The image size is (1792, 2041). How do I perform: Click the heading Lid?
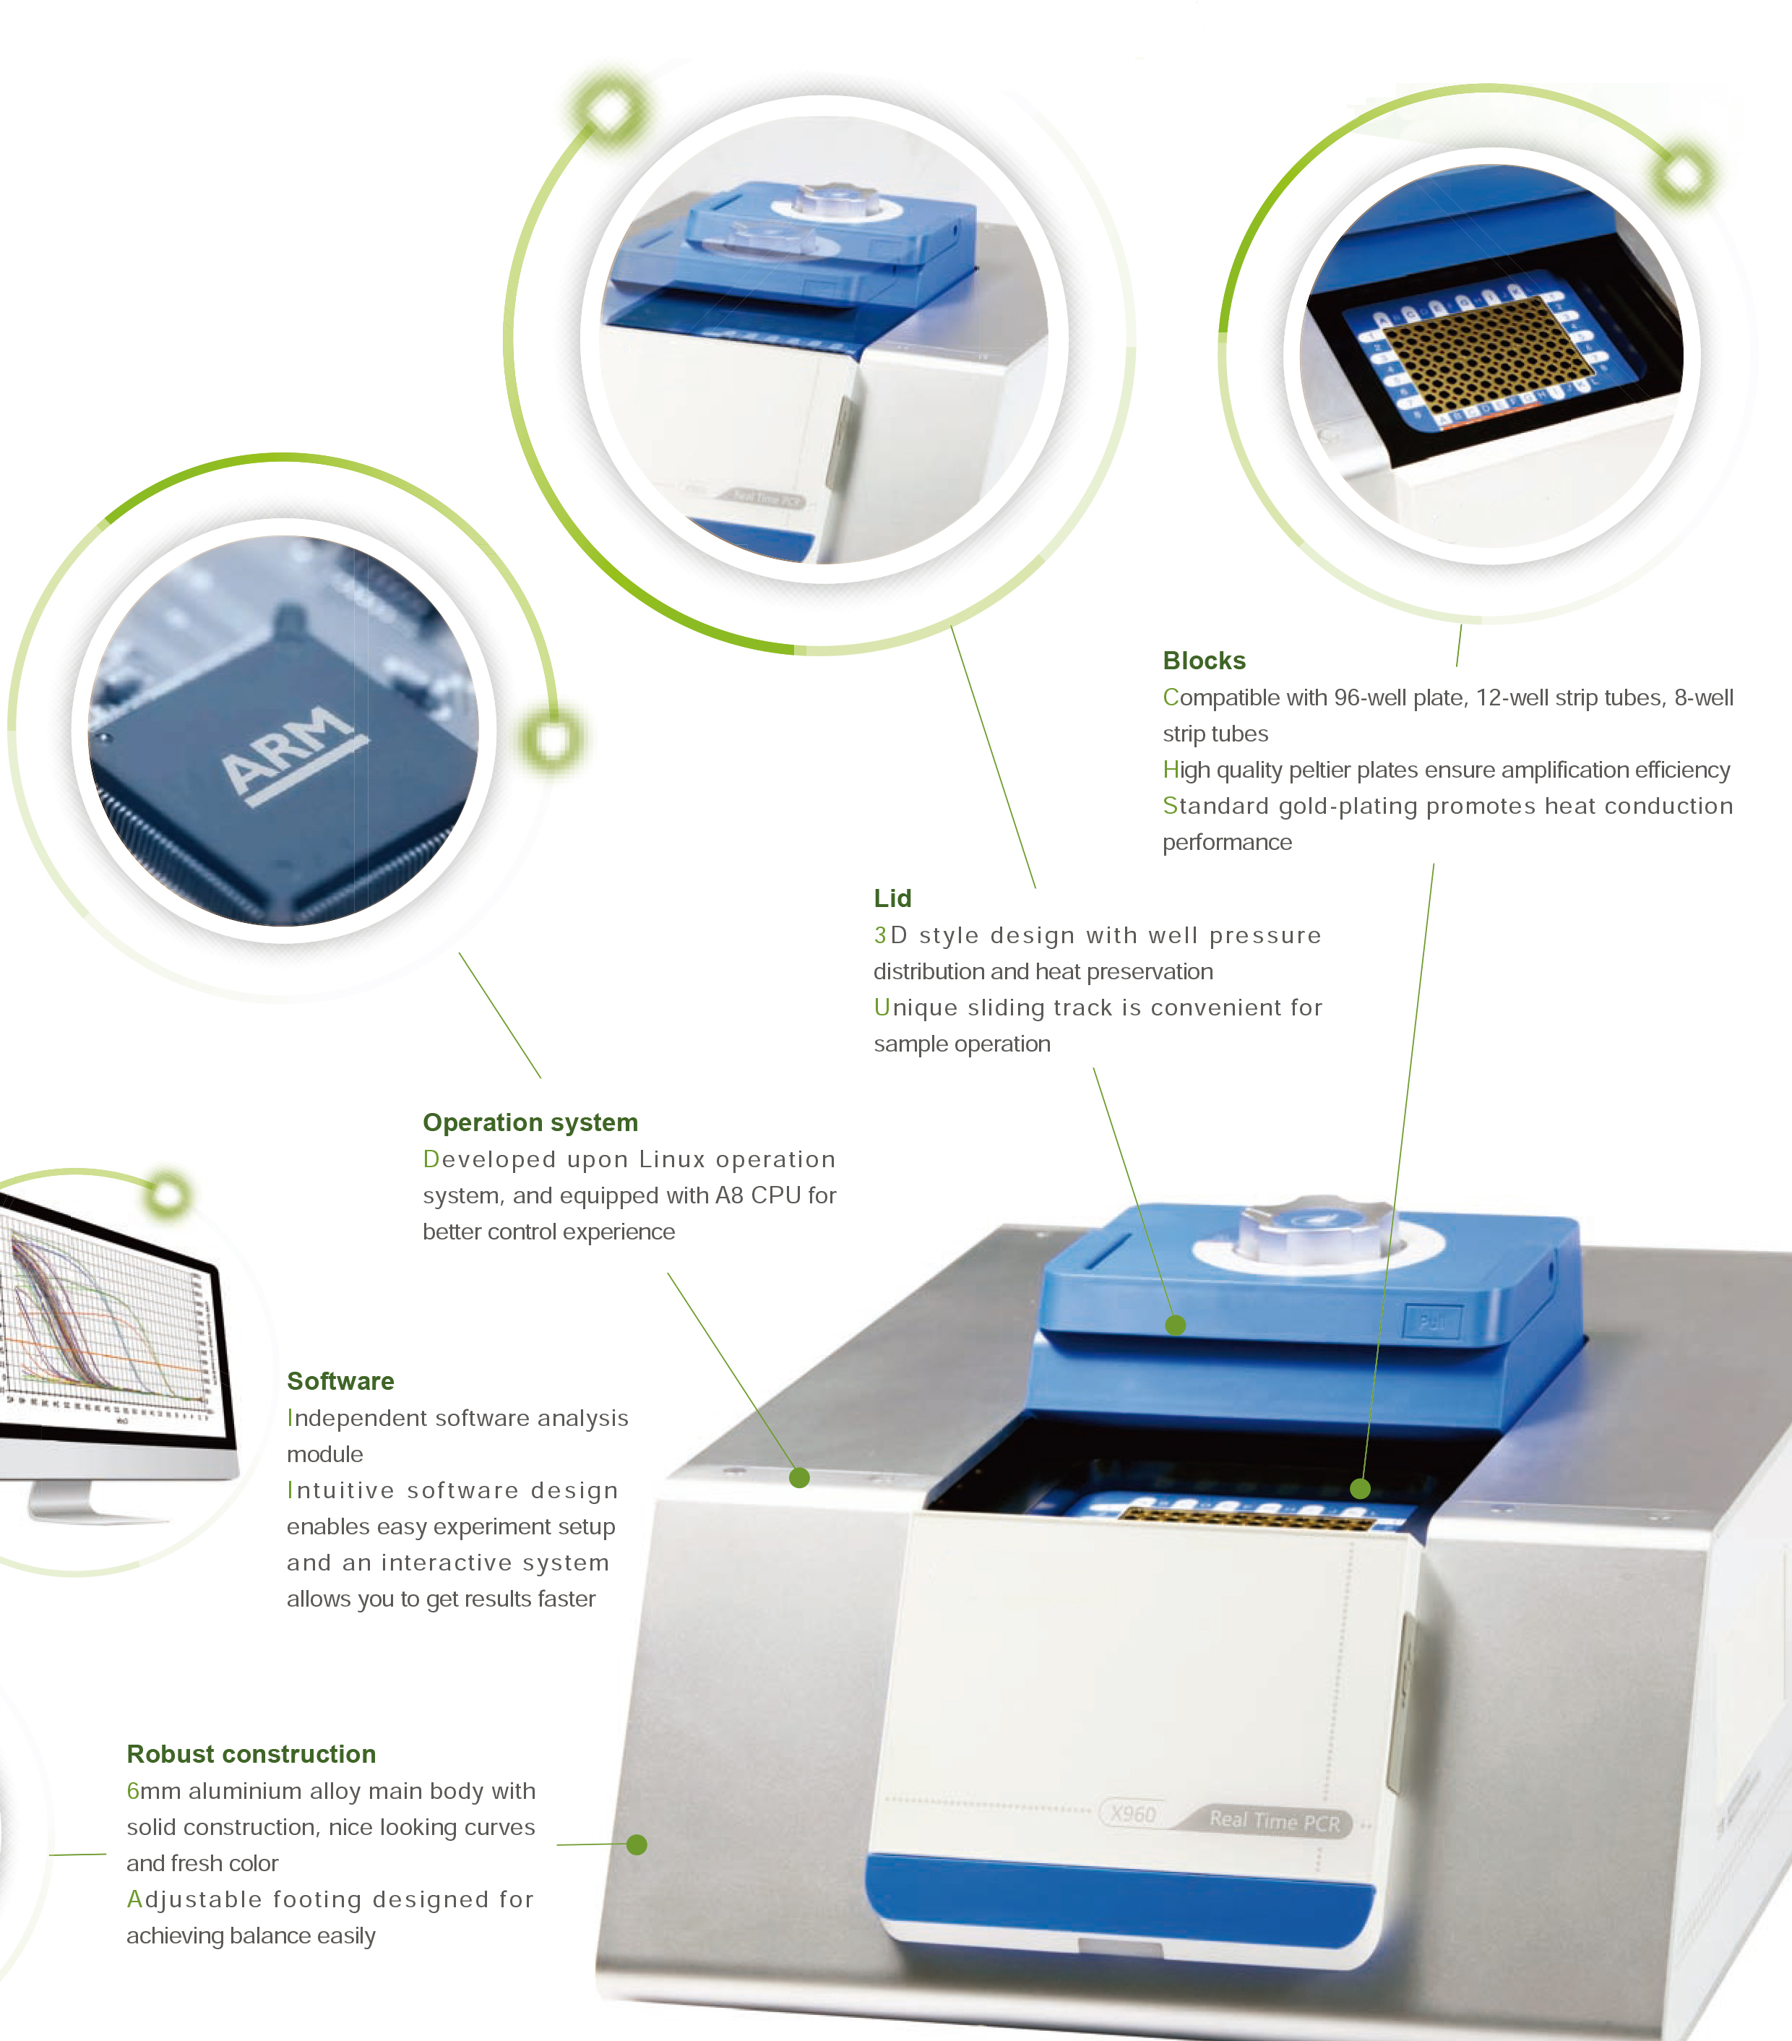click(x=892, y=898)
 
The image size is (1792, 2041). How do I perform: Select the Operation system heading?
click(x=530, y=1122)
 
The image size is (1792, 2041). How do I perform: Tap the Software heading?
click(x=340, y=1381)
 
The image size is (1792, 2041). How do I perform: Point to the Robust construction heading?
click(x=251, y=1753)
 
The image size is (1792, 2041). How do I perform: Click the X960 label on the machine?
click(x=1133, y=1813)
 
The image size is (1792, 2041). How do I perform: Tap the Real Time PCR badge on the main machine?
click(x=1274, y=1821)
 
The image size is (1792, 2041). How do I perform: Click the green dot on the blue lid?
click(x=1176, y=1325)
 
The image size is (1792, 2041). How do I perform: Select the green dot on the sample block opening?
click(x=1360, y=1489)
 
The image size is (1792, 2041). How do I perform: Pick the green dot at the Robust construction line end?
click(x=636, y=1844)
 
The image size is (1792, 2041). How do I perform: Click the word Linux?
click(x=672, y=1159)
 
